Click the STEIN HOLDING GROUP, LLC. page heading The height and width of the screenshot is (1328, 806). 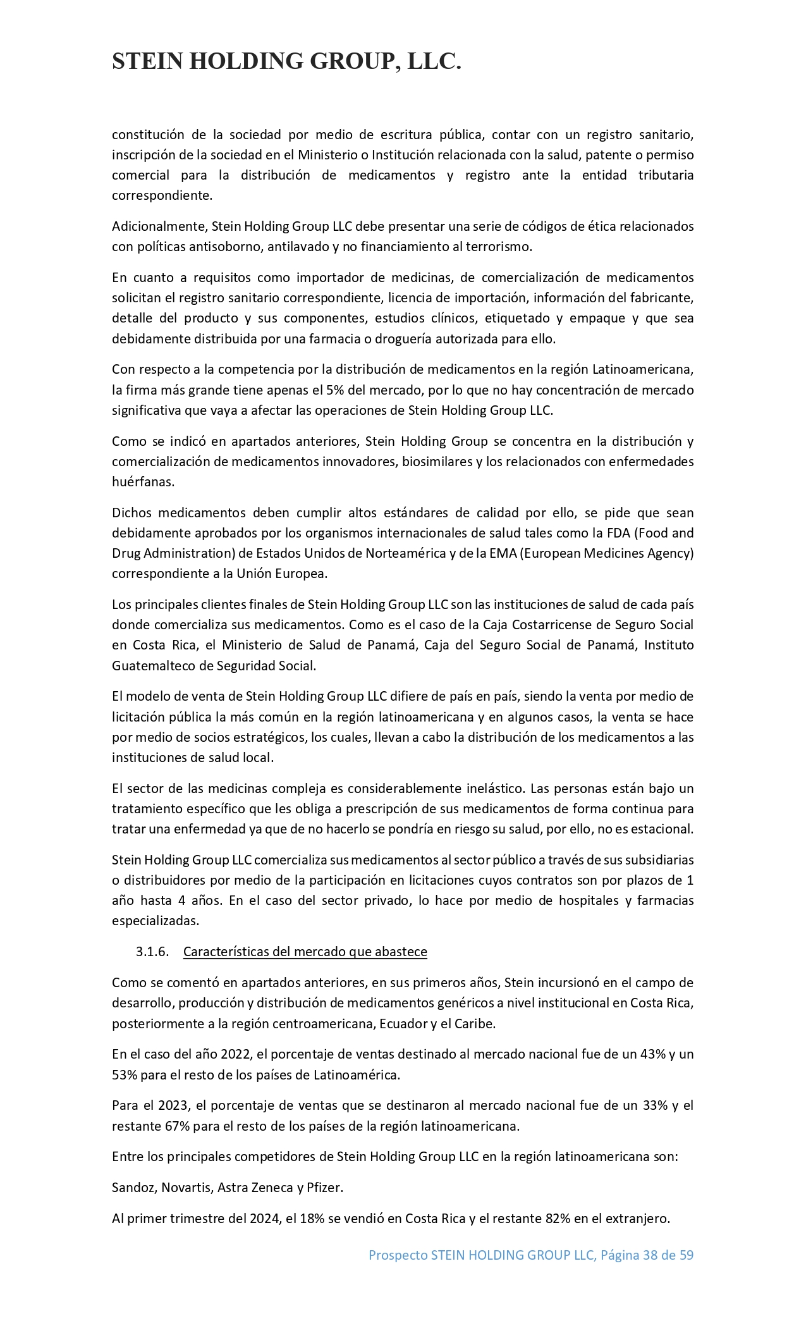pyautogui.click(x=286, y=61)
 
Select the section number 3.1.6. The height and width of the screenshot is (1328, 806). pyautogui.click(x=152, y=952)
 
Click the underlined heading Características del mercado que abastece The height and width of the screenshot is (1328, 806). pyautogui.click(x=305, y=952)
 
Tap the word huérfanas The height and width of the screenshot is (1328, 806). pyautogui.click(x=143, y=482)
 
